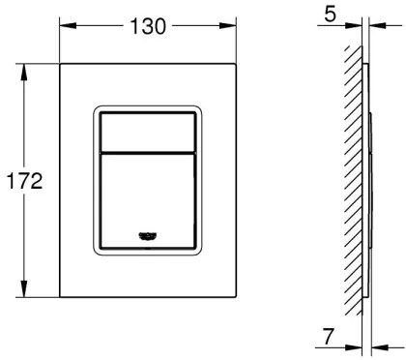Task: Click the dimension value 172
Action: click(20, 182)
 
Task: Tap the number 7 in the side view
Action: click(331, 340)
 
